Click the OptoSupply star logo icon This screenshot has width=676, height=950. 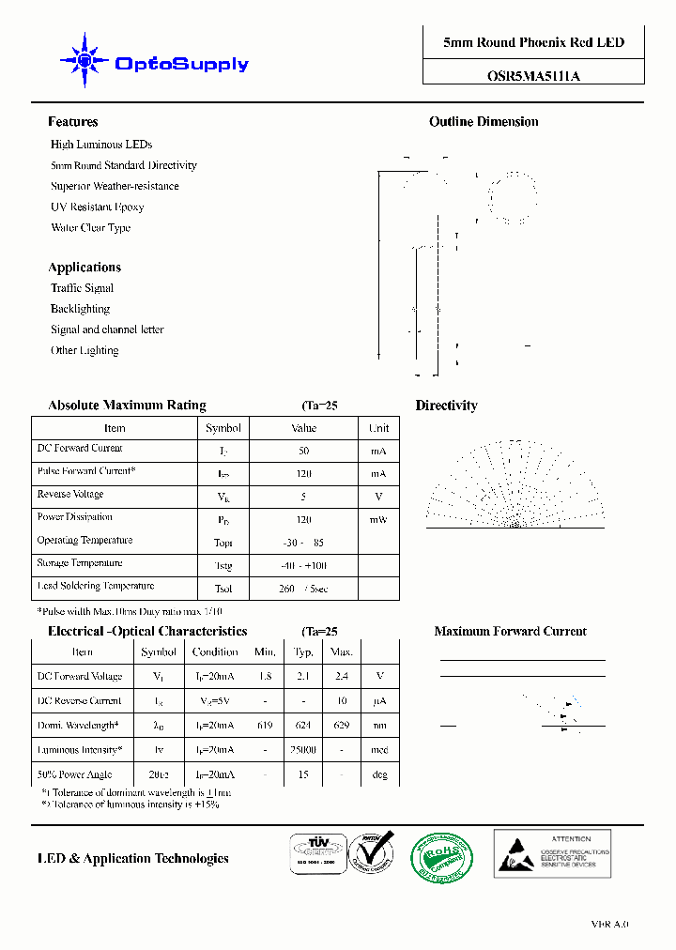pyautogui.click(x=85, y=62)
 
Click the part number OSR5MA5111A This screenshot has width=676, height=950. pyautogui.click(x=533, y=77)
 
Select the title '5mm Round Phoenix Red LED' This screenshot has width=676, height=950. pyautogui.click(x=533, y=42)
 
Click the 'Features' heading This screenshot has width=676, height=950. pyautogui.click(x=72, y=122)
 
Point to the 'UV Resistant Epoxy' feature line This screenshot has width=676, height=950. pyautogui.click(x=97, y=207)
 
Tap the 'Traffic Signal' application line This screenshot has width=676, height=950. pyautogui.click(x=82, y=288)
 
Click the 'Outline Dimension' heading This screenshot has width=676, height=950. pyautogui.click(x=484, y=122)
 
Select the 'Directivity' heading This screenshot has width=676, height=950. pyautogui.click(x=446, y=406)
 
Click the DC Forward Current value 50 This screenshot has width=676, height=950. pyautogui.click(x=303, y=452)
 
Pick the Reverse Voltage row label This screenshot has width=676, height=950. pyautogui.click(x=70, y=494)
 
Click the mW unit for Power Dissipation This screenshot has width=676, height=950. pyautogui.click(x=377, y=519)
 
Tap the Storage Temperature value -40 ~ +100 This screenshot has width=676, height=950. pyautogui.click(x=304, y=566)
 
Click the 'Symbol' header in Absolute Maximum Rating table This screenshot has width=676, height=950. pyautogui.click(x=223, y=428)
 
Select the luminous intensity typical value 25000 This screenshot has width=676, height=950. pyautogui.click(x=303, y=750)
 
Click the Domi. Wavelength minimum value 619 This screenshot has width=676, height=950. pyautogui.click(x=266, y=726)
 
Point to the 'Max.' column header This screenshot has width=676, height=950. pyautogui.click(x=342, y=651)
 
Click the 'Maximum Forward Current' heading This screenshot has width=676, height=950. pyautogui.click(x=510, y=632)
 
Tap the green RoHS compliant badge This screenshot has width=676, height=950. pyautogui.click(x=441, y=856)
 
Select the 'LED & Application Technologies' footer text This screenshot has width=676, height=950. pyautogui.click(x=132, y=858)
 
